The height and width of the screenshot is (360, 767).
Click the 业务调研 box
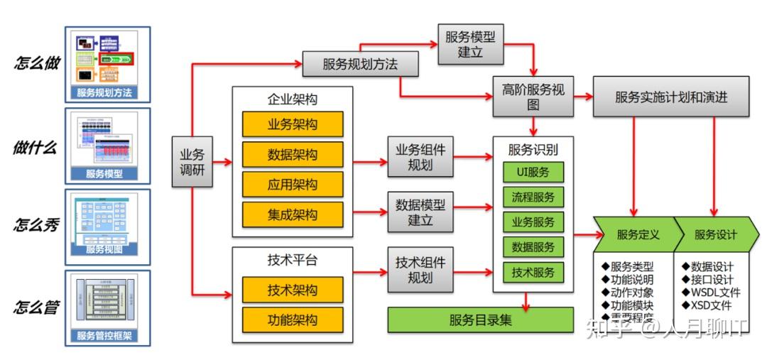192,163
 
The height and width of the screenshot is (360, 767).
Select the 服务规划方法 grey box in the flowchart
360,64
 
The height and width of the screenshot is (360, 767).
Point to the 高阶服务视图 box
533,97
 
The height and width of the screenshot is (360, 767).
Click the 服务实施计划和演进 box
671,97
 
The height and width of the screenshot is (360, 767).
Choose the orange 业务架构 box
292,124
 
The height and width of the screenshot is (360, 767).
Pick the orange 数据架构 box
292,154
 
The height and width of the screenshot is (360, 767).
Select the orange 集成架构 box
292,214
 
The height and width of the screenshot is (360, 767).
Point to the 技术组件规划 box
420,269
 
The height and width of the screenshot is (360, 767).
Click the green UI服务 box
533,172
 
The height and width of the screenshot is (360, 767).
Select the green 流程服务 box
533,197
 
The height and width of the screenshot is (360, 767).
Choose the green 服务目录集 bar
480,320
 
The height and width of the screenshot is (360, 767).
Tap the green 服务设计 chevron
714,234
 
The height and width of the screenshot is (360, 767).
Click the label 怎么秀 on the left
36,225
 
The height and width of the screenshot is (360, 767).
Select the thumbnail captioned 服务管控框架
107,306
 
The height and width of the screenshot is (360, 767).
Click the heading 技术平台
292,260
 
